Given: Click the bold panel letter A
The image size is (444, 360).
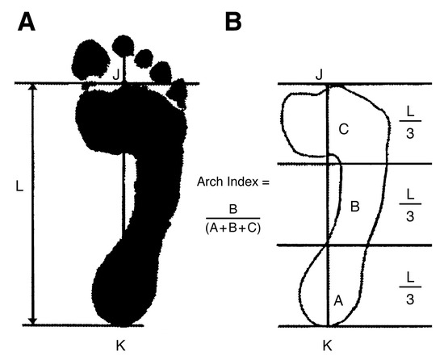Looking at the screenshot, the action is (x=27, y=23).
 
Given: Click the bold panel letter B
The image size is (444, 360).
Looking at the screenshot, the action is (x=233, y=22).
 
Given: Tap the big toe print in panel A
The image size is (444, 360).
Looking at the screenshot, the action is (x=90, y=59).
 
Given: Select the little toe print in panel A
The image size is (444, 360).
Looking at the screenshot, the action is (x=178, y=94).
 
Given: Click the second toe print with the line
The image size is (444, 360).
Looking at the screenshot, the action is (x=124, y=46).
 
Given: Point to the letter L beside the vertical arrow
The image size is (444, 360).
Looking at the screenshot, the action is (x=19, y=186).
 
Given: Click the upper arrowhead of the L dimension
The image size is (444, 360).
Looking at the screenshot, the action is (x=33, y=86).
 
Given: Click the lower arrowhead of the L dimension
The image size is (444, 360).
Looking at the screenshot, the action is (x=33, y=321).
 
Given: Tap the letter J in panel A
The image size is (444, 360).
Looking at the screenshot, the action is (x=115, y=75).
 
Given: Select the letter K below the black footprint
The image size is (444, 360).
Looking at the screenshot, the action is (x=120, y=345).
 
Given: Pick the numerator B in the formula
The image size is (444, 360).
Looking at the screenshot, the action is (x=232, y=209).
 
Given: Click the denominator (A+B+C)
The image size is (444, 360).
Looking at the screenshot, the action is (x=232, y=228).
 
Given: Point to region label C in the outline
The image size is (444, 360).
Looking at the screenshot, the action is (x=343, y=130).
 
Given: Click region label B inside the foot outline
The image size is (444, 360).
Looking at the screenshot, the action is (x=355, y=207).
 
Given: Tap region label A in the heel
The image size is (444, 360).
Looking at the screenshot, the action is (x=338, y=300).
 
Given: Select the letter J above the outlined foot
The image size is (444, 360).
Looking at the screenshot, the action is (x=319, y=75).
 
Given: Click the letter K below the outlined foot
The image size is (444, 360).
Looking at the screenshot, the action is (x=327, y=345).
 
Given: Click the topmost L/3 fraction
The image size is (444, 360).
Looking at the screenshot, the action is (x=410, y=123).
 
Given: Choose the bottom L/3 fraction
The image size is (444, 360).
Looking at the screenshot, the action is (x=410, y=288).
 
